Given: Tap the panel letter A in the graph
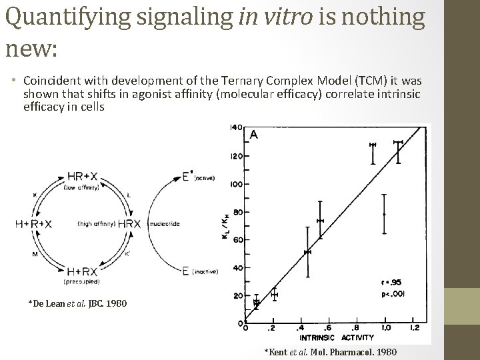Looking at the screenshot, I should pyautogui.click(x=253, y=134).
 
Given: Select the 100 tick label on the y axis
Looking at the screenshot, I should pyautogui.click(x=235, y=184).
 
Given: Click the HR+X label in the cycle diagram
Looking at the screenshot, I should pyautogui.click(x=83, y=177).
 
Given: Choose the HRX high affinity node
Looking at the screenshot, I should pyautogui.click(x=129, y=224).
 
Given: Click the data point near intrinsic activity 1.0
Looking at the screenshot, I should pyautogui.click(x=385, y=214).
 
